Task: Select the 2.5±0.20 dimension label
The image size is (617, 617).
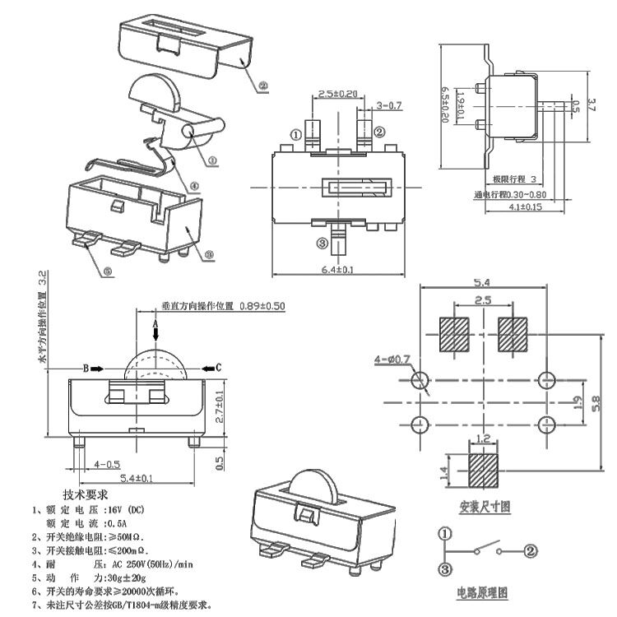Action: click(x=337, y=93)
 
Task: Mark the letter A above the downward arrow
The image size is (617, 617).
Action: click(x=155, y=325)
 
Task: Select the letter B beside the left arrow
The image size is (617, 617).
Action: click(x=85, y=367)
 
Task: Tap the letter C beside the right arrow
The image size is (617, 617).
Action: click(x=217, y=367)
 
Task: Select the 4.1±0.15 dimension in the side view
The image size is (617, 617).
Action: click(x=523, y=207)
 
